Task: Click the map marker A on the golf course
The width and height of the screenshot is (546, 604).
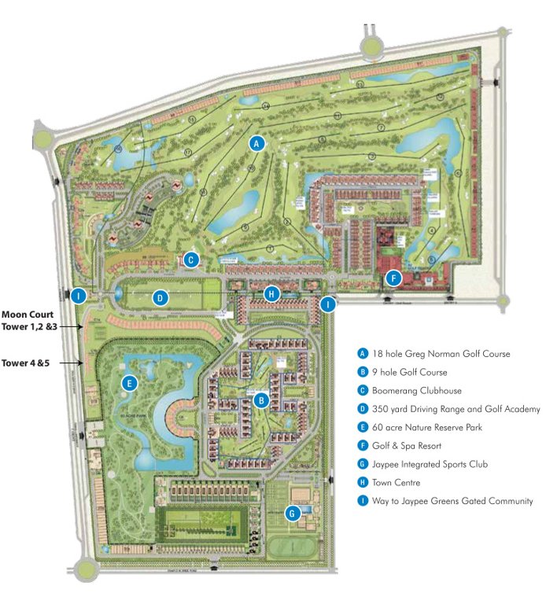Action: [x=256, y=143]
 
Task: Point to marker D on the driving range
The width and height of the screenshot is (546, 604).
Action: [x=160, y=298]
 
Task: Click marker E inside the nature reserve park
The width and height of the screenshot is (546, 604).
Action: [x=130, y=384]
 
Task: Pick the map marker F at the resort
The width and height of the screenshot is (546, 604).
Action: [x=394, y=278]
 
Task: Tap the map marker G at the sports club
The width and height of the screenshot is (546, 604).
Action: [x=293, y=513]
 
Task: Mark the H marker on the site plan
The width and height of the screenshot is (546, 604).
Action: [x=271, y=293]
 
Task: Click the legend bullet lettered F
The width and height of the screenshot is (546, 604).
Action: [x=363, y=446]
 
